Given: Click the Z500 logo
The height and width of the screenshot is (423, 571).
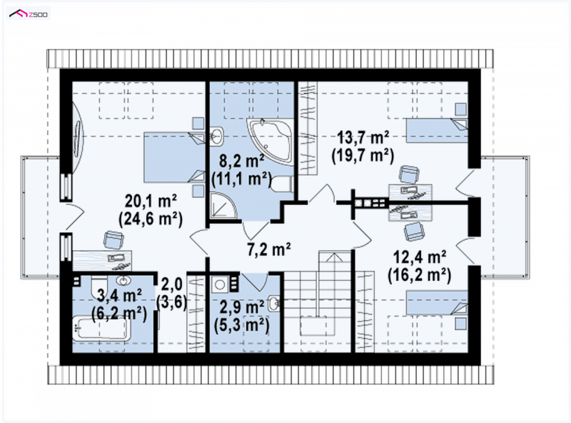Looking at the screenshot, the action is (x=29, y=14).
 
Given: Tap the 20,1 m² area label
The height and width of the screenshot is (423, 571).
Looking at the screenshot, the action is (x=151, y=200).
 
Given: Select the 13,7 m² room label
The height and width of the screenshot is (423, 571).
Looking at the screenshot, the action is (x=363, y=138).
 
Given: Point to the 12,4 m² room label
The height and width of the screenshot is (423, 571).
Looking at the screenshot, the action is (x=420, y=257).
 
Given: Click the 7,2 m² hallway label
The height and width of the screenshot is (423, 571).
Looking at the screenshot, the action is (x=269, y=249).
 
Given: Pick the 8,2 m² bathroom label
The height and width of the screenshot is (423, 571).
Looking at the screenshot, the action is (x=241, y=161).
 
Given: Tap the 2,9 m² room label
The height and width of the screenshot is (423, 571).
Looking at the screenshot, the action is (x=242, y=307).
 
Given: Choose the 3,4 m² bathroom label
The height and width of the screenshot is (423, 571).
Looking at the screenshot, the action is (x=119, y=295).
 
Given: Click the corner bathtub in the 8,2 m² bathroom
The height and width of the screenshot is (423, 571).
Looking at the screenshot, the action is (x=271, y=141).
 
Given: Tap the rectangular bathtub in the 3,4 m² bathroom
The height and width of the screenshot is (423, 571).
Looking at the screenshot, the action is (x=101, y=328).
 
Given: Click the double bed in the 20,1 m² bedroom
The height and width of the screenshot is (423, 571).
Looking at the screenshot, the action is (x=174, y=157).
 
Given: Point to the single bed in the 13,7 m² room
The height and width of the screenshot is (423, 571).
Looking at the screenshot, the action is (x=437, y=131).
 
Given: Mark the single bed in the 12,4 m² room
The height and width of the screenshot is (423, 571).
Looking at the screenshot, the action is (x=437, y=302).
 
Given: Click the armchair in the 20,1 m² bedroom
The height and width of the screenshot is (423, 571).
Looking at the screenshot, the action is (x=113, y=240).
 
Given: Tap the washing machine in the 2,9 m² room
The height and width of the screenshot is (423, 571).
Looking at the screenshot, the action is (x=220, y=284).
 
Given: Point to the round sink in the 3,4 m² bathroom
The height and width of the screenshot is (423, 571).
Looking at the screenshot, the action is (x=124, y=281).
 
